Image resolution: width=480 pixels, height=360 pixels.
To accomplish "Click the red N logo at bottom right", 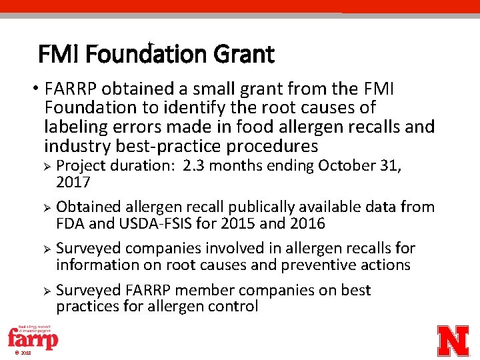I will (x=453, y=341).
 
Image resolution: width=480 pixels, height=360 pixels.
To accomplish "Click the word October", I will (x=347, y=166).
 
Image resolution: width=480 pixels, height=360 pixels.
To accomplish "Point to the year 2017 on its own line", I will (x=73, y=182).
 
